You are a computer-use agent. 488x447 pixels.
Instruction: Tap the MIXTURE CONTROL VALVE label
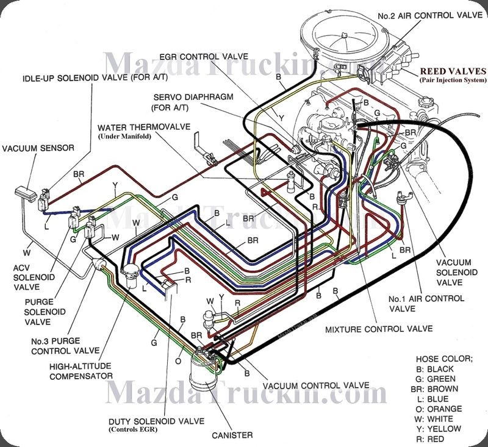click(379, 329)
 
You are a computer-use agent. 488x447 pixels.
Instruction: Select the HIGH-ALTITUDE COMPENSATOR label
click(82, 371)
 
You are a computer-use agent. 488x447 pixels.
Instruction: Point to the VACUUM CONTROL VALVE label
click(315, 385)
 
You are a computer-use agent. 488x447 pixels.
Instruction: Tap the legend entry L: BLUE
click(433, 399)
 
